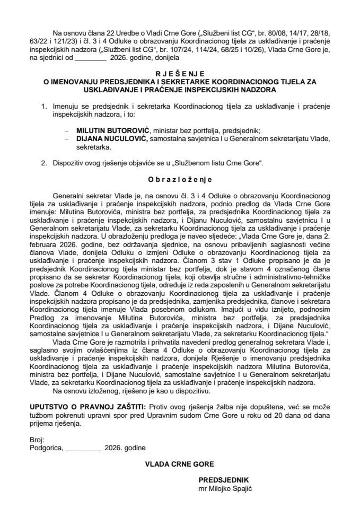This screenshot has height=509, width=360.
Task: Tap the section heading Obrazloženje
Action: (180, 180)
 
